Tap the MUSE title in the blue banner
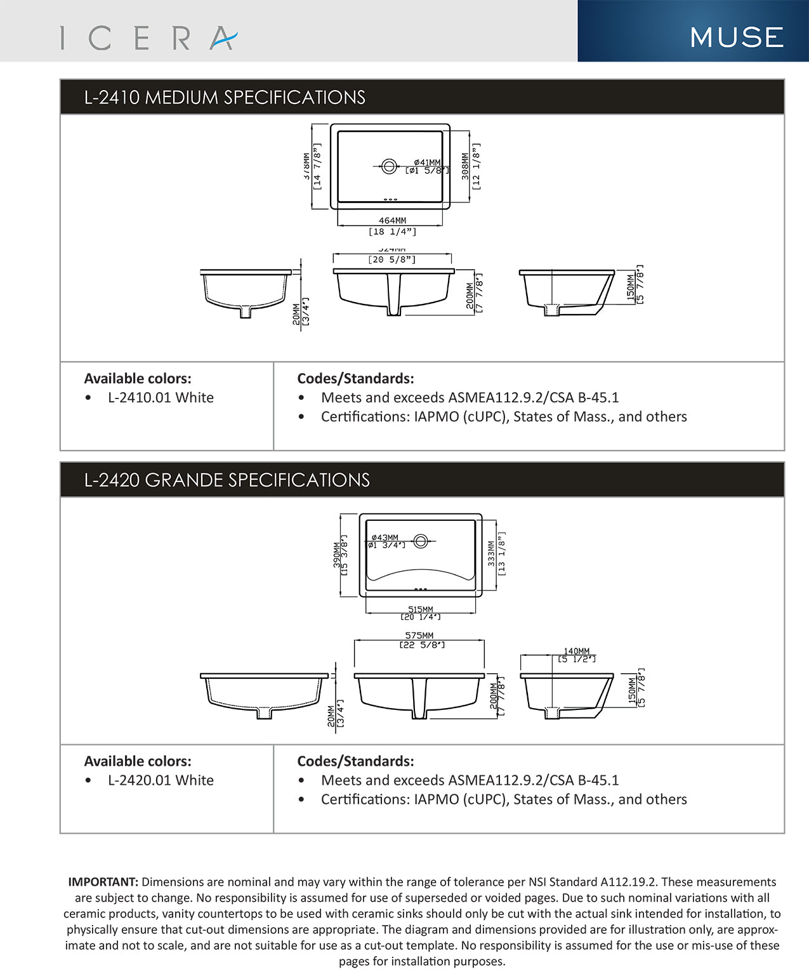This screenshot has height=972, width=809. [737, 37]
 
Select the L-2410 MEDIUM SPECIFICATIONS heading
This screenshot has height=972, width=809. [225, 97]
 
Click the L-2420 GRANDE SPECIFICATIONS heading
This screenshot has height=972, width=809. [227, 480]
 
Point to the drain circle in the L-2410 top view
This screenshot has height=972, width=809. [389, 166]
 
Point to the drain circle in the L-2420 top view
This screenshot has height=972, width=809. [420, 541]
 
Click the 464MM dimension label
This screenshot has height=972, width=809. [392, 221]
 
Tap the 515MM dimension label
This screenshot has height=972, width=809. [420, 609]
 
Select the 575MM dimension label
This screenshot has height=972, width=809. [419, 635]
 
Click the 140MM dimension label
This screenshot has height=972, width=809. [576, 651]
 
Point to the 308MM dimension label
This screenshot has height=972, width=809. [466, 166]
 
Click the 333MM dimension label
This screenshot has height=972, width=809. [491, 553]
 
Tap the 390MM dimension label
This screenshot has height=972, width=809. [337, 554]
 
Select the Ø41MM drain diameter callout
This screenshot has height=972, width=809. [426, 162]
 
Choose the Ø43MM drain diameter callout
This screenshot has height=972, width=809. [385, 537]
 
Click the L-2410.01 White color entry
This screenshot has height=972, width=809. [161, 398]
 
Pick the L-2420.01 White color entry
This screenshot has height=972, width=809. [161, 780]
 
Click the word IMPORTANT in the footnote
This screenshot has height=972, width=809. [103, 882]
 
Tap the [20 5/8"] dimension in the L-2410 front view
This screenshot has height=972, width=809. [392, 259]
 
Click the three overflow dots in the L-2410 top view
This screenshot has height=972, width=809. [390, 199]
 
